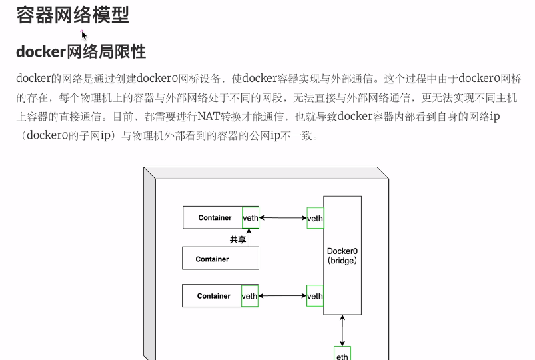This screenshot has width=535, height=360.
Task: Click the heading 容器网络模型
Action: (x=73, y=15)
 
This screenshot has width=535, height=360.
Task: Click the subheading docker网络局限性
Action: (x=81, y=51)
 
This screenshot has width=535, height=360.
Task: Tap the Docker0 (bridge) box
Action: (x=342, y=255)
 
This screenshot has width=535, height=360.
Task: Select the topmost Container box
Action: (x=213, y=218)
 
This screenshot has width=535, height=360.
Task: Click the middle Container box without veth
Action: (x=221, y=259)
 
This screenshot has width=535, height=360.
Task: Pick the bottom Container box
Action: (x=213, y=296)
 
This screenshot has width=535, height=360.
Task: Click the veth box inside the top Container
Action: (x=251, y=218)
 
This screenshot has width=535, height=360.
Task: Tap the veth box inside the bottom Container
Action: (x=250, y=296)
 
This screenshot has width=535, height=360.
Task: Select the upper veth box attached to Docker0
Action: (x=315, y=218)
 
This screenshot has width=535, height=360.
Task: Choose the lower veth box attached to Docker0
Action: (x=315, y=296)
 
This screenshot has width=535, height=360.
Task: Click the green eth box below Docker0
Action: (x=342, y=355)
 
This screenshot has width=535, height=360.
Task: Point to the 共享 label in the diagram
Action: (x=238, y=239)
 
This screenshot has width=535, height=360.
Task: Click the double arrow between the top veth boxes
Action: (x=282, y=218)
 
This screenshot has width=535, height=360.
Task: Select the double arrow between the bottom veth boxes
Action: (x=282, y=296)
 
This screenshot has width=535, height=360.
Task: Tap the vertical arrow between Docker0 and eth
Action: (x=342, y=331)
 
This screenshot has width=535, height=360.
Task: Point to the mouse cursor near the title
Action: (x=84, y=35)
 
